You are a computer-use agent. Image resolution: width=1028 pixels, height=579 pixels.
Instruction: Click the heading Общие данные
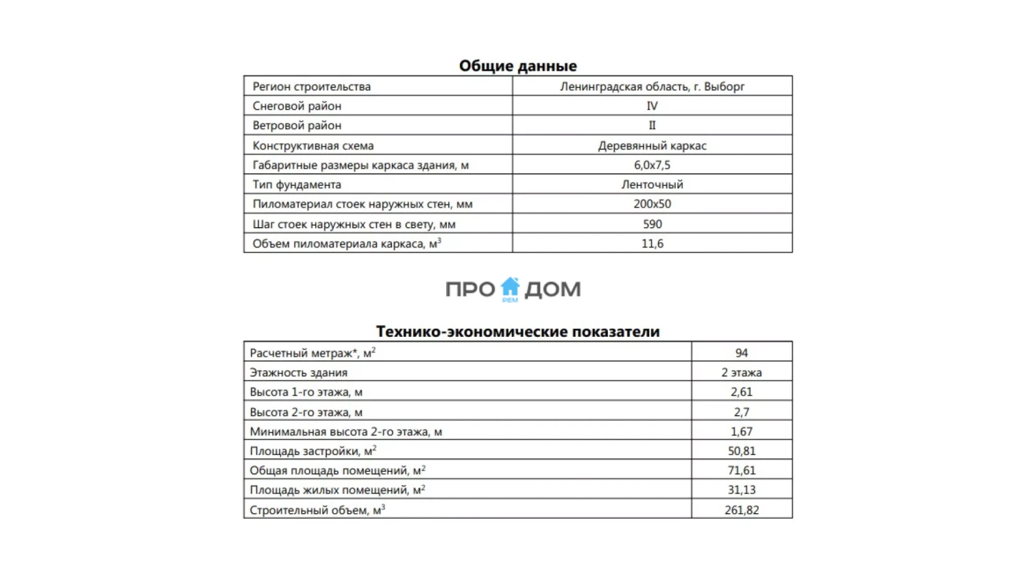517,66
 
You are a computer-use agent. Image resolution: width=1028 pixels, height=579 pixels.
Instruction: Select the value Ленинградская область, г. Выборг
652,86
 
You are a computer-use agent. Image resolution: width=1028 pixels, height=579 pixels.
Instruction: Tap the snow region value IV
652,106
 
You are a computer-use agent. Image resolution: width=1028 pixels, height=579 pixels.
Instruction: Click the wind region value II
652,126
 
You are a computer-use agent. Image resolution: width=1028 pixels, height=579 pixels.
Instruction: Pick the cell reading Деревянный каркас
652,145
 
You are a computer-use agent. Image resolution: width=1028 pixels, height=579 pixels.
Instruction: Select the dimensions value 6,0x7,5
652,165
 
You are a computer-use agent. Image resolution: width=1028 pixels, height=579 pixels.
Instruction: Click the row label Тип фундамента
297,185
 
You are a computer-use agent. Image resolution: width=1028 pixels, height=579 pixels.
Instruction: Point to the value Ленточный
652,185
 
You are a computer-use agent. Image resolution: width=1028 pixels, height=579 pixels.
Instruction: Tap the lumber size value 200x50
652,204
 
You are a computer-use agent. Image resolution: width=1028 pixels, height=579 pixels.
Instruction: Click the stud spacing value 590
652,224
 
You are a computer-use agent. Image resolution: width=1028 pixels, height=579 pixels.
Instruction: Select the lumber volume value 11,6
652,244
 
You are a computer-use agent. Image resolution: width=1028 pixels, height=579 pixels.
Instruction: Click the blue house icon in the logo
510,287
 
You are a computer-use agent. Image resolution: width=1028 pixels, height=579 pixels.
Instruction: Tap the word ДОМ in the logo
552,289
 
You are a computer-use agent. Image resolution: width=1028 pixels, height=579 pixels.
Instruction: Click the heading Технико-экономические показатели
517,331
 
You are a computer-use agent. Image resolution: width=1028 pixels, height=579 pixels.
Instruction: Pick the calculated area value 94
742,353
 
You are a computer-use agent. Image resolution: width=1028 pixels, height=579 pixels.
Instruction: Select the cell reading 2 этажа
742,373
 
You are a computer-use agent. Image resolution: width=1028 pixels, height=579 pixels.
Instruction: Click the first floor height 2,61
742,392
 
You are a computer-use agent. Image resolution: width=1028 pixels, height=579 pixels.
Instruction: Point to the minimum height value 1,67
742,432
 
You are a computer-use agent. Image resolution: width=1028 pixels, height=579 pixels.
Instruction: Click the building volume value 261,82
742,510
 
